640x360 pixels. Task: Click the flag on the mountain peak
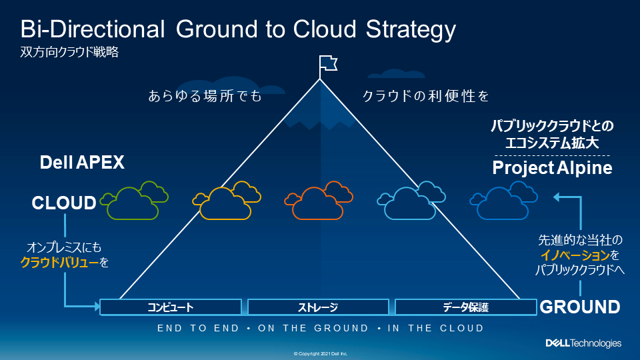[x=328, y=64]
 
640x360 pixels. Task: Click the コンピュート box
[x=171, y=307]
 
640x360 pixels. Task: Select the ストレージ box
[x=318, y=307]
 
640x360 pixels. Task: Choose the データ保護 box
[x=466, y=307]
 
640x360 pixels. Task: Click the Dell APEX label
[x=82, y=163]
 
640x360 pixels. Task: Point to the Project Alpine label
[x=552, y=168]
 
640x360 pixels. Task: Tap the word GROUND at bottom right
[x=579, y=307]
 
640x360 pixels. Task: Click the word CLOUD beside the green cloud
[x=64, y=203]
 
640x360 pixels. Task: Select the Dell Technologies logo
[x=584, y=343]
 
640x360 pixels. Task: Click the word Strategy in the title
[x=411, y=30]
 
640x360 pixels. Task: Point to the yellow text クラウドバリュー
[x=59, y=263]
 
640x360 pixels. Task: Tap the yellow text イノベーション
[x=575, y=255]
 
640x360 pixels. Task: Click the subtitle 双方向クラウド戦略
[x=69, y=52]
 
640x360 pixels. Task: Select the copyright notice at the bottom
[x=321, y=354]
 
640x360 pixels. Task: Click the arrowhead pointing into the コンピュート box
[x=97, y=306]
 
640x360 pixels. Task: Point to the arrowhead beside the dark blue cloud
[x=556, y=197]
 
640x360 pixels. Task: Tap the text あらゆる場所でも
[x=205, y=96]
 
